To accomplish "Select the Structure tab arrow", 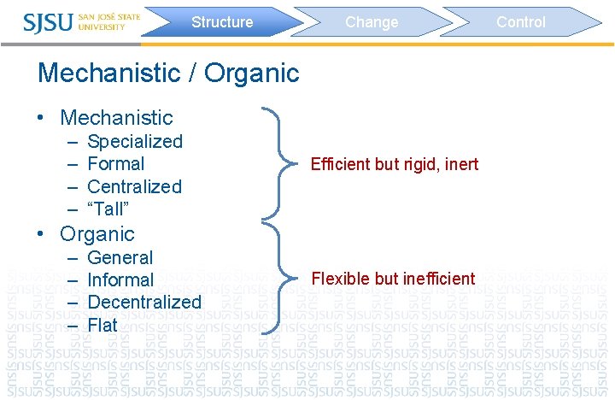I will [222, 22].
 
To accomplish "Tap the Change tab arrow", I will [372, 22].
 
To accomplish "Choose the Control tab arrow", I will [521, 22].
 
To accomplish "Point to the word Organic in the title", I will [253, 73].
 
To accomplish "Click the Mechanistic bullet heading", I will [116, 118].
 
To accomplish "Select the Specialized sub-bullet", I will [135, 141].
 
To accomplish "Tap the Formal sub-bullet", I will [116, 163].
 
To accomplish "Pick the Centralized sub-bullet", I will [135, 186].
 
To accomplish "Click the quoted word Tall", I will [108, 209].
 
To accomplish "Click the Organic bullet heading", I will [97, 234].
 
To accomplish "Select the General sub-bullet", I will [120, 257].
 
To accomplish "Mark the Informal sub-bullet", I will [120, 279].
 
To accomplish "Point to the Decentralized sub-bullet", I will [144, 302].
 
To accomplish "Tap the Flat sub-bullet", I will [102, 325].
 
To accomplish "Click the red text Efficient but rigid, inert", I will [395, 164].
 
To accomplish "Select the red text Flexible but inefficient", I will [393, 279].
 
